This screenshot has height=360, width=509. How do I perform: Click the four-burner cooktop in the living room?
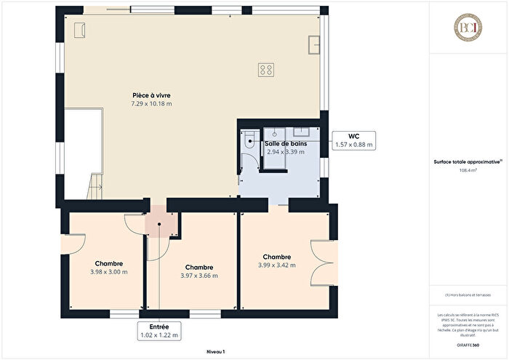tap(266, 70)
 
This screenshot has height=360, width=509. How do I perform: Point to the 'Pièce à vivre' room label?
tap(151, 95)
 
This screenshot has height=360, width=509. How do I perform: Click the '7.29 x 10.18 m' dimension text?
tap(151, 104)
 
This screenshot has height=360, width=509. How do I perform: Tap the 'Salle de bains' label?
tap(286, 144)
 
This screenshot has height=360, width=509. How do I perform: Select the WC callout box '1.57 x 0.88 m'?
tap(353, 140)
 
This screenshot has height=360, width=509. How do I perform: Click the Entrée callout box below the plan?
tap(159, 331)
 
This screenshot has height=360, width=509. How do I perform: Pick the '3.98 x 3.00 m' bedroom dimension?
tap(108, 272)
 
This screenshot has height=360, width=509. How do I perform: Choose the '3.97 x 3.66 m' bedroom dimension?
tap(199, 276)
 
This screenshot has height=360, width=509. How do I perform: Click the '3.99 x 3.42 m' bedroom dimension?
tap(277, 265)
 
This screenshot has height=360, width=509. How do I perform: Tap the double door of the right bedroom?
tap(323, 264)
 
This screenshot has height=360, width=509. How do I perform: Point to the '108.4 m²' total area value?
tap(468, 170)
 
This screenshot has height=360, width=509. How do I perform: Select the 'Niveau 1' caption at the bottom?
tap(215, 351)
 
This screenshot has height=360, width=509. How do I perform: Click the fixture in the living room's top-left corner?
tap(81, 28)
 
